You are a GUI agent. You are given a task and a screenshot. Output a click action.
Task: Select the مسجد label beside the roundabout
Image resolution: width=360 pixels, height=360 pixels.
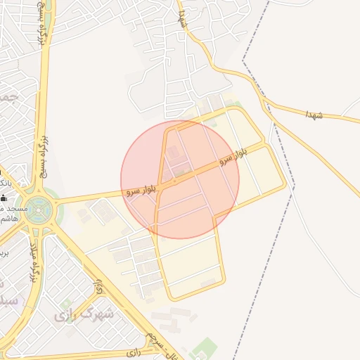click(14, 209)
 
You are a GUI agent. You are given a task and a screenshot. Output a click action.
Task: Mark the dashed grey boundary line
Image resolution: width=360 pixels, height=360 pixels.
click(281, 232)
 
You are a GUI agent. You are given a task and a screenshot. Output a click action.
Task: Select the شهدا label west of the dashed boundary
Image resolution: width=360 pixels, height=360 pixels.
click(182, 18)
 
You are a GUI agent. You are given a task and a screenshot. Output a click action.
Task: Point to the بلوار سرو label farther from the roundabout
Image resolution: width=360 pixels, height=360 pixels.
click(233, 156)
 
